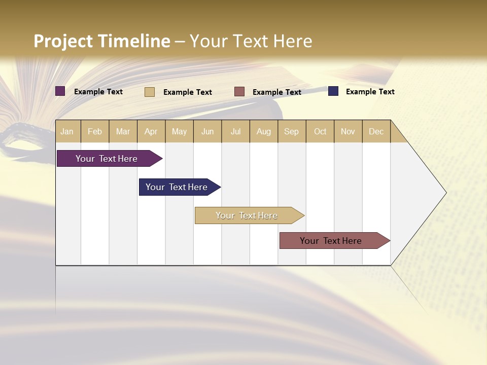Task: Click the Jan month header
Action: pyautogui.click(x=67, y=131)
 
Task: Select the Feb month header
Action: pyautogui.click(x=95, y=131)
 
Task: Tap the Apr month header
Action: pyautogui.click(x=151, y=131)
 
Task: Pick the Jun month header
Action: pyautogui.click(x=207, y=131)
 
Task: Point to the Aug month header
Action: pyautogui.click(x=264, y=131)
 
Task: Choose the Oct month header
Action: pyautogui.click(x=320, y=131)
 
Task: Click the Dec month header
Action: pyautogui.click(x=376, y=131)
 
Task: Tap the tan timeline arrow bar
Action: pyautogui.click(x=247, y=215)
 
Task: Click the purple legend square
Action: pyautogui.click(x=60, y=91)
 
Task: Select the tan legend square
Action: pyautogui.click(x=150, y=92)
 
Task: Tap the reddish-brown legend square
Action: pyautogui.click(x=239, y=92)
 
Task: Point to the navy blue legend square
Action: pyautogui.click(x=333, y=91)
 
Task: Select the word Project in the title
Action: pyautogui.click(x=63, y=41)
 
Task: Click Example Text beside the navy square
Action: pyautogui.click(x=370, y=92)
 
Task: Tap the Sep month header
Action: pyautogui.click(x=292, y=131)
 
